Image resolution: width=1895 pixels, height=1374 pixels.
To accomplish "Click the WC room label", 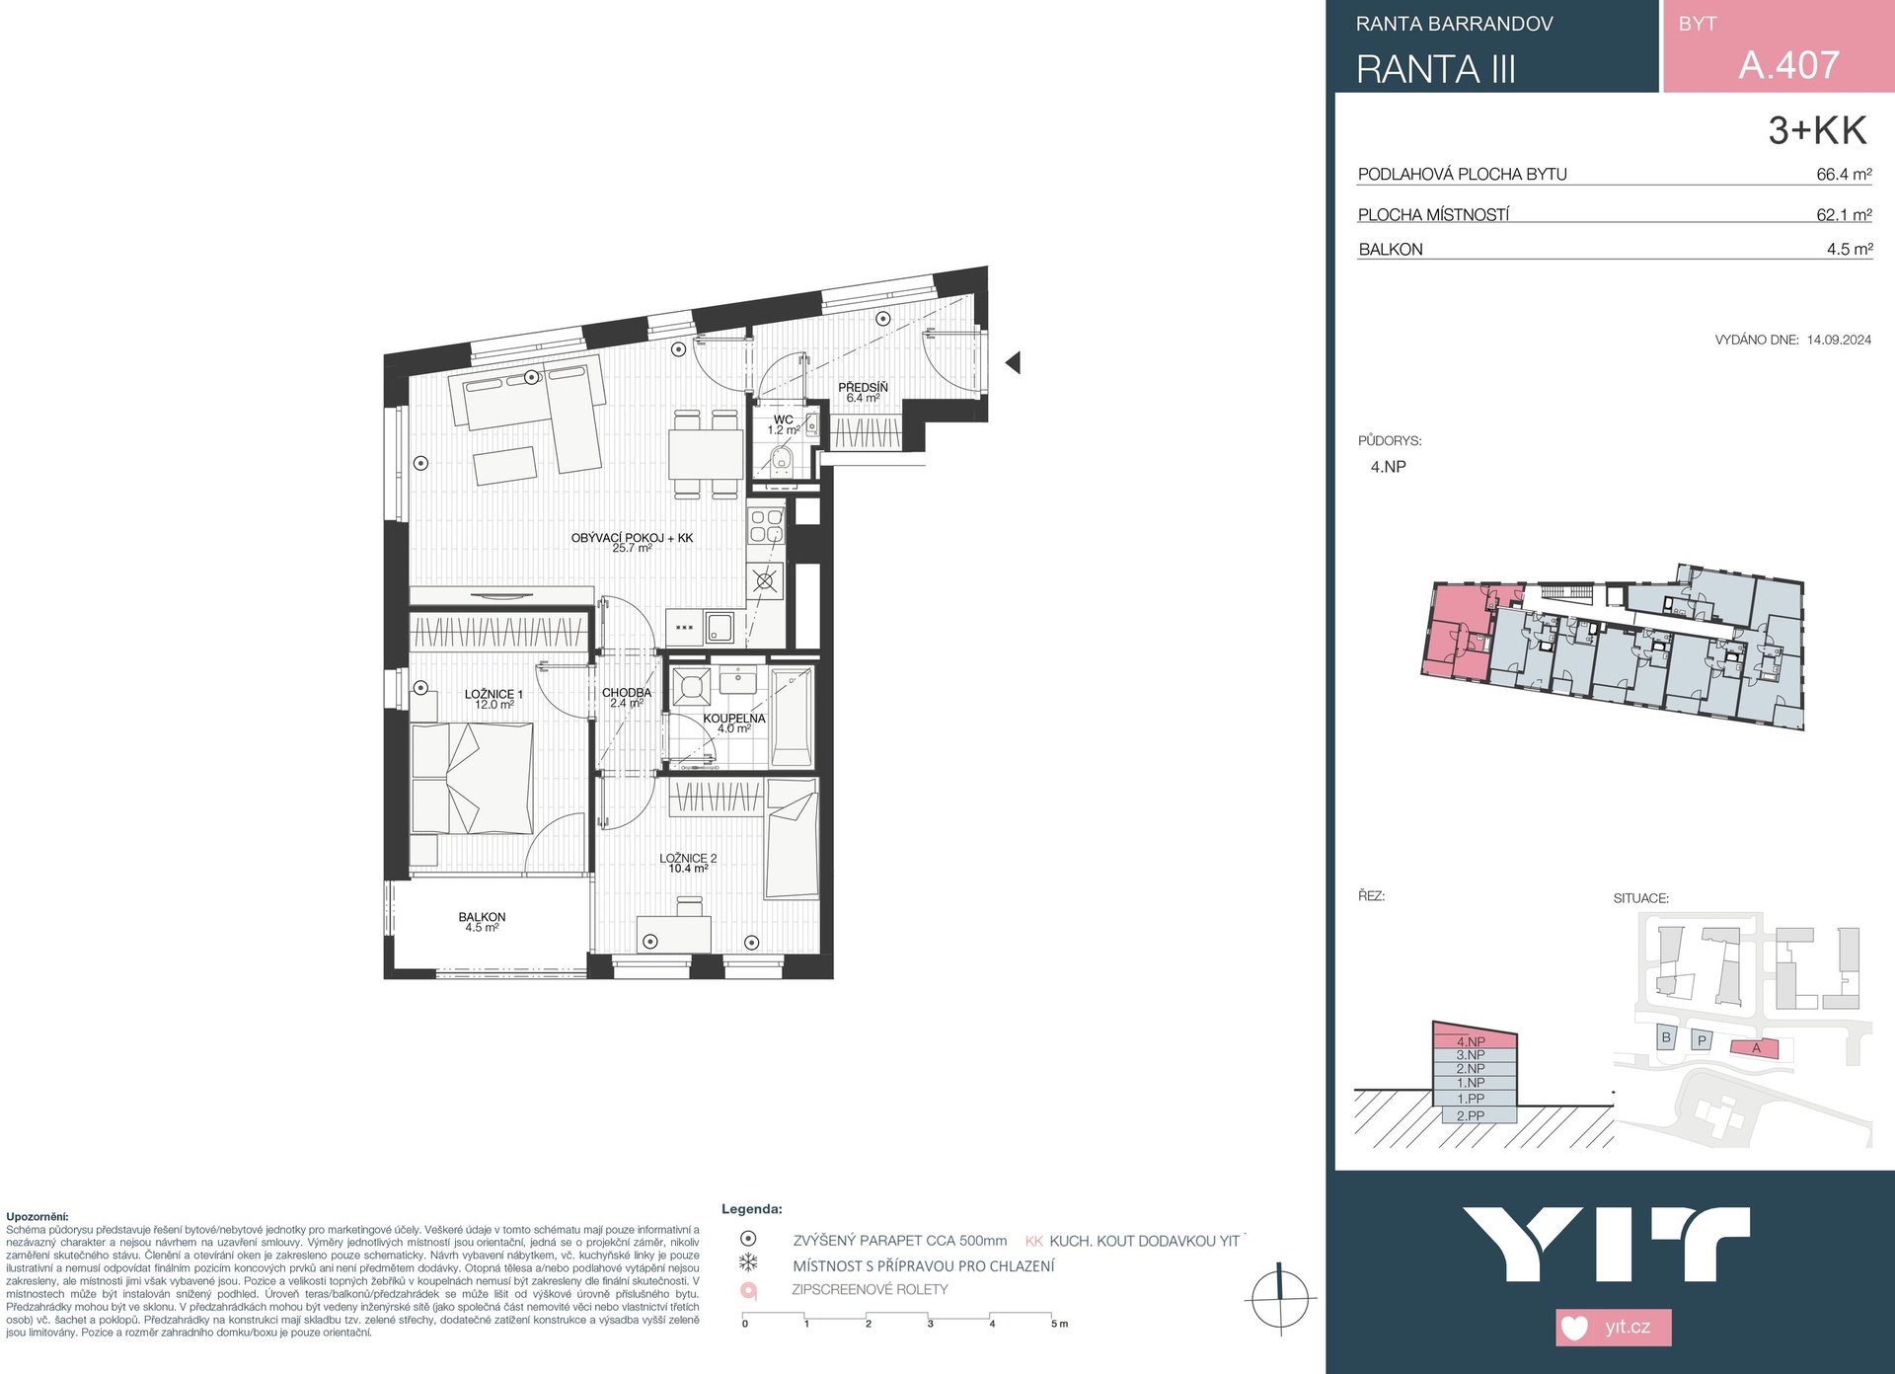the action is tap(784, 420).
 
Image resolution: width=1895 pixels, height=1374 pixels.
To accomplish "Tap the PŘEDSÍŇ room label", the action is tap(863, 387).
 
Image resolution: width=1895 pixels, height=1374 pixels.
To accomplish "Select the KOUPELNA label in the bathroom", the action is tap(734, 719).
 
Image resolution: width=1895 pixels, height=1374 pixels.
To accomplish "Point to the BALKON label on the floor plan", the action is tap(482, 917).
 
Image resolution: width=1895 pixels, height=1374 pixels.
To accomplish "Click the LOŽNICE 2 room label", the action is tap(688, 859).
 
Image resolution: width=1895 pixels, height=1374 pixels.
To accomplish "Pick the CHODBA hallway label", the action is tap(627, 693).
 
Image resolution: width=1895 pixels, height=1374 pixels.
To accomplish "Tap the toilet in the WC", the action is tap(783, 460).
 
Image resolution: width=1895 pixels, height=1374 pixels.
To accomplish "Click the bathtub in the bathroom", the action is tap(793, 717).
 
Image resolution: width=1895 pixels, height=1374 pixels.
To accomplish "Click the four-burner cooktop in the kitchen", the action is tap(767, 525).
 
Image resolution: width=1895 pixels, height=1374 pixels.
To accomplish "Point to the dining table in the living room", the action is tap(706, 454).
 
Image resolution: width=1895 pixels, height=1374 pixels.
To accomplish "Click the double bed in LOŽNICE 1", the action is tap(473, 779).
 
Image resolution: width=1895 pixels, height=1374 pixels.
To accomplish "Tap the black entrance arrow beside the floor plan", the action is tap(1013, 362).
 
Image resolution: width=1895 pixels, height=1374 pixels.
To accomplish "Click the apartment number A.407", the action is tap(1788, 65).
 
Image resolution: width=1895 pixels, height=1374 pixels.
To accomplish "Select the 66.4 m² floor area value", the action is tap(1844, 174).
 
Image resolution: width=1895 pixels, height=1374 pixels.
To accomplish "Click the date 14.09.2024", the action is tap(1839, 340).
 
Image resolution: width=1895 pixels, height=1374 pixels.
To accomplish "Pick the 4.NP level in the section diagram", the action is tap(1471, 1041).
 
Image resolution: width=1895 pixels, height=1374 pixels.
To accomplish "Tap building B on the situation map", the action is tap(1666, 1037).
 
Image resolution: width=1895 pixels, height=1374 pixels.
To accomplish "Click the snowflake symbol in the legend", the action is tap(748, 1263).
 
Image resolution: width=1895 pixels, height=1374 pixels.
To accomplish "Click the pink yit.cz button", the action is tap(1614, 1327).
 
